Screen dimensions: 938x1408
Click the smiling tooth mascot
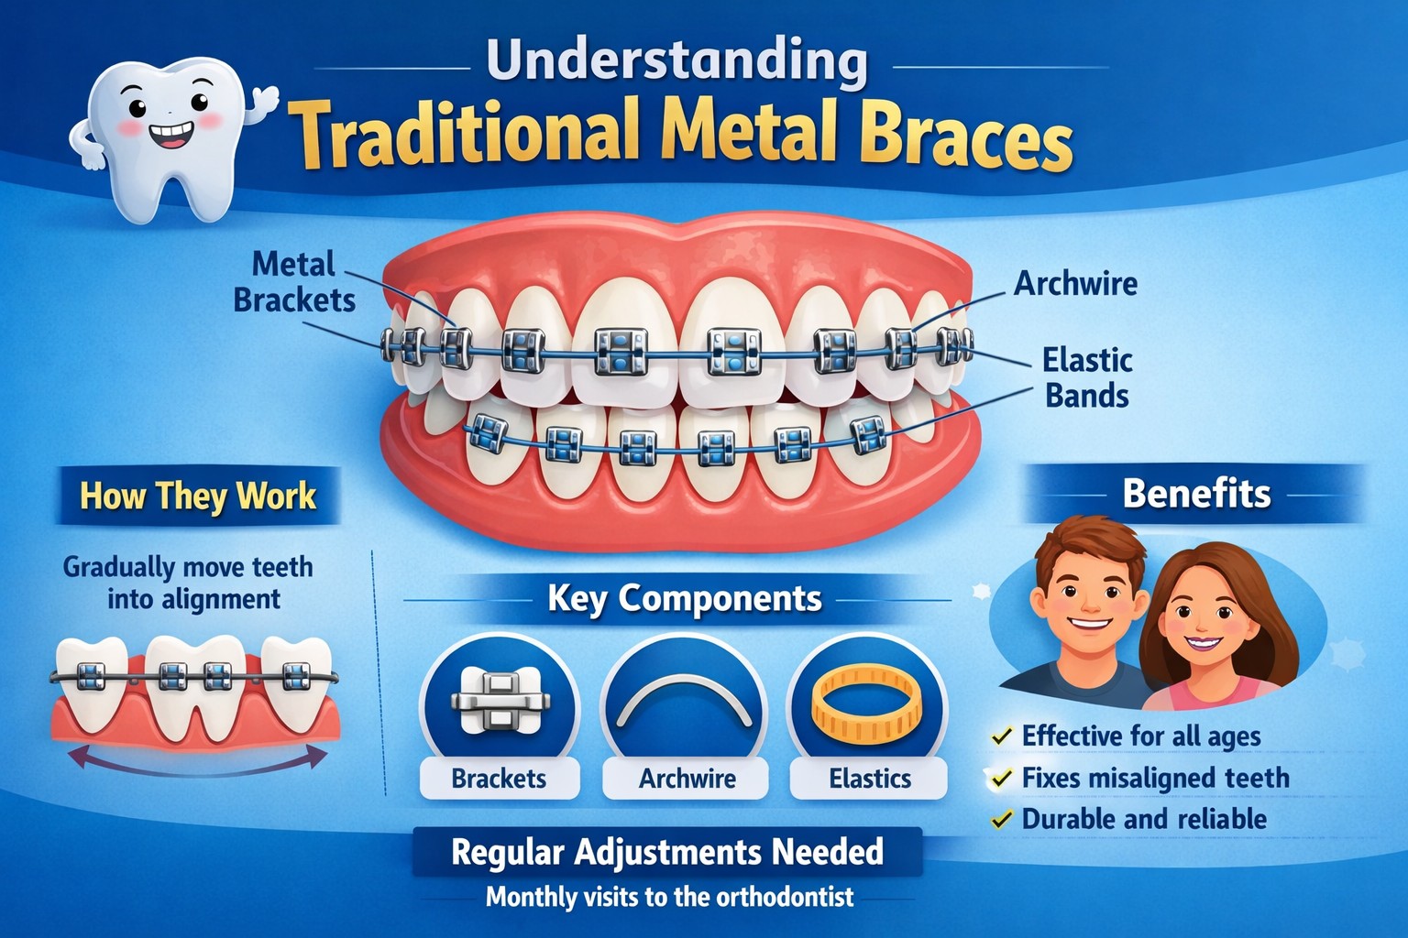tap(170, 137)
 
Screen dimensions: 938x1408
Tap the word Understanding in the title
tap(676, 62)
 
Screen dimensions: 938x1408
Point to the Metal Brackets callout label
tap(293, 282)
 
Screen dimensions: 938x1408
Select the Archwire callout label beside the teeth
tap(1075, 283)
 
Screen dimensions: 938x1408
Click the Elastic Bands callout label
tap(1087, 377)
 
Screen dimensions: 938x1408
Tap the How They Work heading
tap(198, 496)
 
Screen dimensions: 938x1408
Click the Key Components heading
tap(684, 598)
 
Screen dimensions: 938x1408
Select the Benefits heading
tap(1196, 494)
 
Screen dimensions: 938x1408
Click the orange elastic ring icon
tap(866, 703)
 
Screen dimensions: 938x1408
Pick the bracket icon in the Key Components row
tap(500, 702)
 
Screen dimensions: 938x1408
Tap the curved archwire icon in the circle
tap(684, 702)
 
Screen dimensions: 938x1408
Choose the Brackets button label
tap(499, 779)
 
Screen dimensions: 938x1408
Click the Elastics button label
tap(870, 779)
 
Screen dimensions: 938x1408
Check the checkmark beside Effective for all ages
tap(1002, 736)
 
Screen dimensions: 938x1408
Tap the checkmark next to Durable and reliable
tap(1002, 819)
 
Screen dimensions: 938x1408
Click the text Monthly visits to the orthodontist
tap(669, 896)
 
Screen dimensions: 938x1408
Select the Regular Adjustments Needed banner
tap(667, 852)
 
